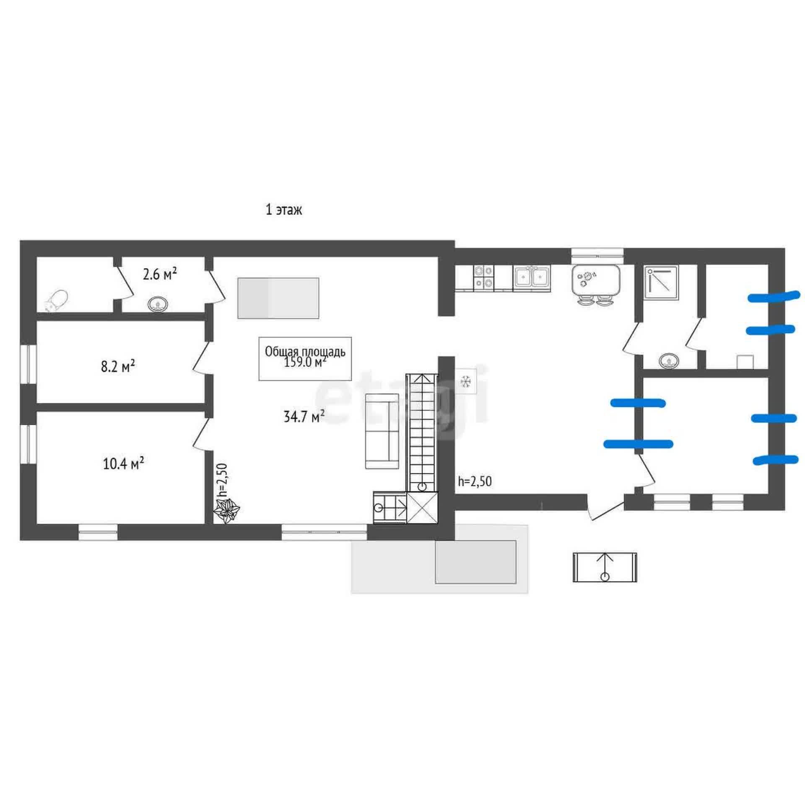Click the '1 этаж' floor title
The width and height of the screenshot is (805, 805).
click(283, 210)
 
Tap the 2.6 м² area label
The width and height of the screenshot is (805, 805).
click(160, 275)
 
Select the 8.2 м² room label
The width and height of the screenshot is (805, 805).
click(118, 367)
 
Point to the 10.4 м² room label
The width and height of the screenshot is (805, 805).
click(124, 464)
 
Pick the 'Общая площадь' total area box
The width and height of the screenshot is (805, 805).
click(305, 358)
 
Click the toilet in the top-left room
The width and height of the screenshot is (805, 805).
click(56, 300)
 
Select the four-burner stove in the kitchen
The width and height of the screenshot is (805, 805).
click(483, 277)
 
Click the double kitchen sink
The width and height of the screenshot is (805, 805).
click(532, 277)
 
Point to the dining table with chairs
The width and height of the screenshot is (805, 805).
click(595, 283)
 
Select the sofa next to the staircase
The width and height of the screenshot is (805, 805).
click(382, 431)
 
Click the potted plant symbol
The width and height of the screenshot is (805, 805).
click(227, 511)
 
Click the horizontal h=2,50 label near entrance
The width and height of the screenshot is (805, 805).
click(475, 481)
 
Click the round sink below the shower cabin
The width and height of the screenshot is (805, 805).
click(670, 361)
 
